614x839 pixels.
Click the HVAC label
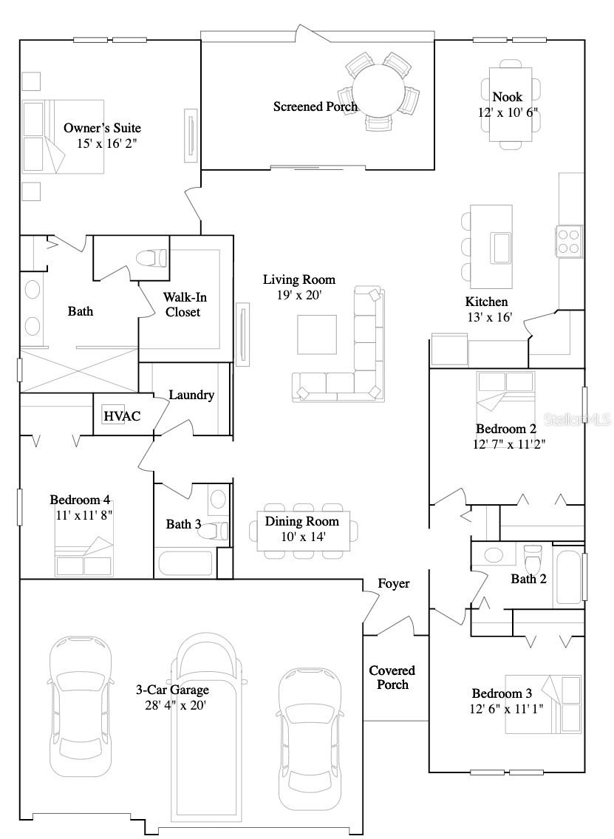122,416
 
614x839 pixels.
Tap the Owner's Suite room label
102,129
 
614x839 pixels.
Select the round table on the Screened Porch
379,90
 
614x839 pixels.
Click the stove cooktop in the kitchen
570,240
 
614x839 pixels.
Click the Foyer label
394,584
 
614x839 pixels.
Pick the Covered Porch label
392,677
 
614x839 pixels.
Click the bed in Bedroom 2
505,393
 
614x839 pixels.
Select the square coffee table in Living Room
317,334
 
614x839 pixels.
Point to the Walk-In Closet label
183,305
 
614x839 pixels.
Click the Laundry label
191,395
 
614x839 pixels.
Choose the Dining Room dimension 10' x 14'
302,536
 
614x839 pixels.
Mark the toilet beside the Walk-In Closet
151,257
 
